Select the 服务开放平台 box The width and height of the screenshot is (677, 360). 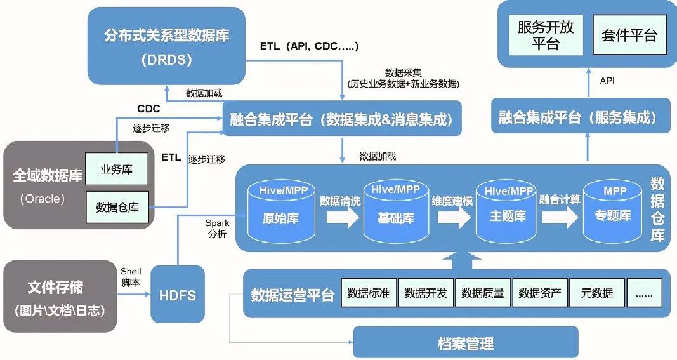[x=545, y=35]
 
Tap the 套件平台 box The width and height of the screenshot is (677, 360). [x=629, y=35]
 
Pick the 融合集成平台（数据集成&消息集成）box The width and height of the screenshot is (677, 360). [x=342, y=119]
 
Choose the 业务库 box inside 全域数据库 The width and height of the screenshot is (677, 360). [x=117, y=170]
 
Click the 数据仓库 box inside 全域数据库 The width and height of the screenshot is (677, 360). [x=117, y=207]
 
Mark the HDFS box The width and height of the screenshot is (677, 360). [x=178, y=295]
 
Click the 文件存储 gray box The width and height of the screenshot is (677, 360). [x=60, y=296]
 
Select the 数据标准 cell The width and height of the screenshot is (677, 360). [x=369, y=293]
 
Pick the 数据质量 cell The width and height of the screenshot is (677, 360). [x=483, y=293]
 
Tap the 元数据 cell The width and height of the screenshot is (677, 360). [x=596, y=293]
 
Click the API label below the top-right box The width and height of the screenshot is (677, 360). [x=607, y=81]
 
